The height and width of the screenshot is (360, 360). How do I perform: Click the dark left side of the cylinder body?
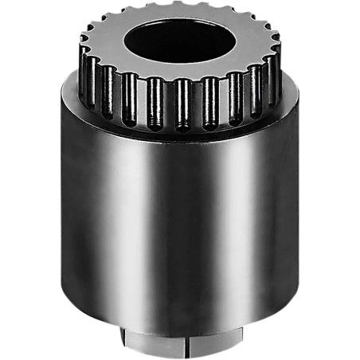click(76, 207)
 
